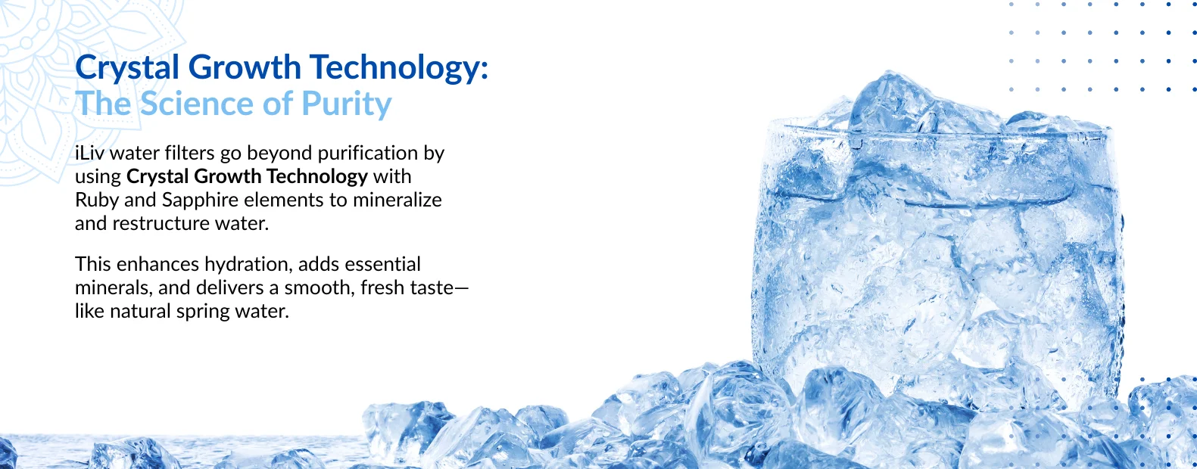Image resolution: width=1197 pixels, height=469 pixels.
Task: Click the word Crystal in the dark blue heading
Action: pyautogui.click(x=127, y=68)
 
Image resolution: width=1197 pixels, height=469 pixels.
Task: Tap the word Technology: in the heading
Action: pyautogui.click(x=399, y=68)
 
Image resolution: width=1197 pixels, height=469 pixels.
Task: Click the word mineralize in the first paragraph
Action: pyautogui.click(x=397, y=200)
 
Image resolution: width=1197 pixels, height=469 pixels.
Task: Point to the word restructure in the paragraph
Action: pyautogui.click(x=161, y=223)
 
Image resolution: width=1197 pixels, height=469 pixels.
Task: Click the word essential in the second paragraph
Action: pyautogui.click(x=382, y=264)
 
